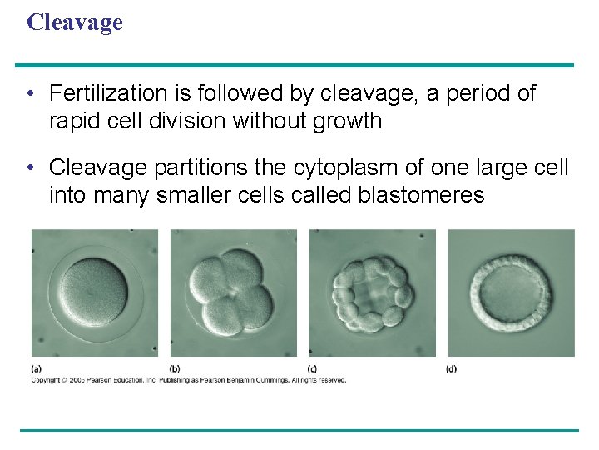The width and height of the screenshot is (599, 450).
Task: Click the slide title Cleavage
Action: point(74,22)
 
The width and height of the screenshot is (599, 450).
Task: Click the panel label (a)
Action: point(37,368)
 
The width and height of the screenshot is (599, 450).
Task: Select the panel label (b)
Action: point(175,368)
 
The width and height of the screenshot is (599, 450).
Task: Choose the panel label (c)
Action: point(313,368)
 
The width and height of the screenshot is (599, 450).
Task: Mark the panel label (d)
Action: point(451,368)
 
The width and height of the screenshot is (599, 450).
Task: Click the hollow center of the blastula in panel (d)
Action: point(510,293)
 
